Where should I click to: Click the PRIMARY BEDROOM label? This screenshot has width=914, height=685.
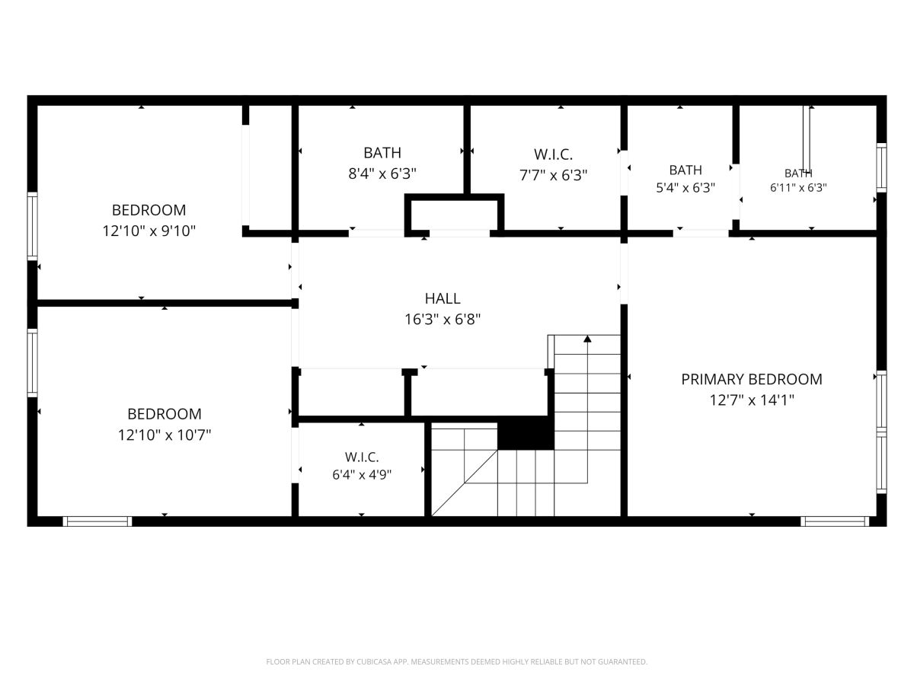(x=751, y=379)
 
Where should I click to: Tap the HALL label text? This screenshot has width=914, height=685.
(x=443, y=298)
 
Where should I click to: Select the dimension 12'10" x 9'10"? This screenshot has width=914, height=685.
(x=149, y=231)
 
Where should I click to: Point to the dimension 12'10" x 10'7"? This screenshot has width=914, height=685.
(x=165, y=435)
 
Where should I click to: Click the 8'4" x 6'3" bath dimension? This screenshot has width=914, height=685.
(x=382, y=174)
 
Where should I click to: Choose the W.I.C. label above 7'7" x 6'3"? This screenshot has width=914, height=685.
(x=553, y=155)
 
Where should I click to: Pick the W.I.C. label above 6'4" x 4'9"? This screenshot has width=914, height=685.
(x=362, y=457)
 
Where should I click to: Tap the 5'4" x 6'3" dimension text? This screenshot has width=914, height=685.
(x=685, y=187)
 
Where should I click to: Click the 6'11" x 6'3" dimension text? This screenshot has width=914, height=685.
(x=798, y=187)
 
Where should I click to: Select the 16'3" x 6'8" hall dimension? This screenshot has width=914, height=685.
(x=443, y=320)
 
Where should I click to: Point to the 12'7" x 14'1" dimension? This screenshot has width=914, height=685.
(x=752, y=400)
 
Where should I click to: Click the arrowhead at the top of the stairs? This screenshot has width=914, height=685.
(x=587, y=339)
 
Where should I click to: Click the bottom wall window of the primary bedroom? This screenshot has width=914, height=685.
(x=835, y=521)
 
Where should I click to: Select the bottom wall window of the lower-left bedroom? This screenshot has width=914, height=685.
(x=97, y=521)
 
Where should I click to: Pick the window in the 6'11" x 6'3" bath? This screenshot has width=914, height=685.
(x=881, y=167)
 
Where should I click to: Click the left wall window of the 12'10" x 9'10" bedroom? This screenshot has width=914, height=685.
(x=33, y=226)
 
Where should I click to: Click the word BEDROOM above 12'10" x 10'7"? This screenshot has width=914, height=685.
(x=165, y=414)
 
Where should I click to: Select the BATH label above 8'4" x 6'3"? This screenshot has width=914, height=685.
(x=382, y=153)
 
